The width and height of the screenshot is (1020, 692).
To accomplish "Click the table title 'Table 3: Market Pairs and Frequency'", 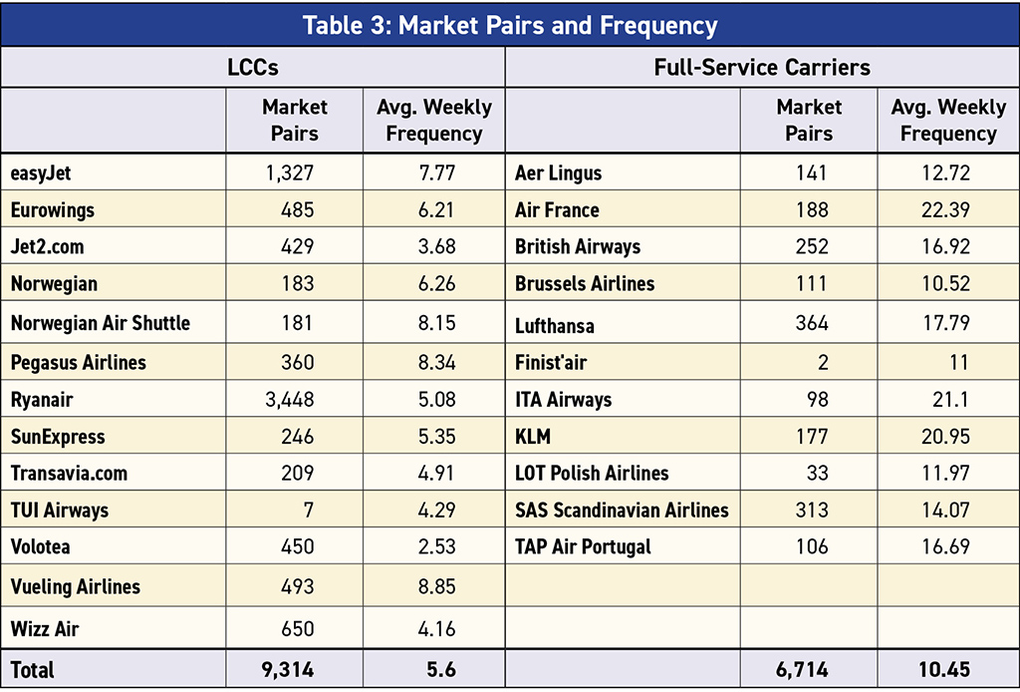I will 509,24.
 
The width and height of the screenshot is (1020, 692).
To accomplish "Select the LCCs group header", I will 253,68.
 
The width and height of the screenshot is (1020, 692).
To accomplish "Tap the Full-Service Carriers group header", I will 762,68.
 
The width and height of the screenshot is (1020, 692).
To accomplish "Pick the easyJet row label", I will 41,173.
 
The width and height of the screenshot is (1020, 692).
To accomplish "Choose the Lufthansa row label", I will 556,325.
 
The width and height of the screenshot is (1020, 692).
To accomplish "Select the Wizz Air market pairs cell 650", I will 297,629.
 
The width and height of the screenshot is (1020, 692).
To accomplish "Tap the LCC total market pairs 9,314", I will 288,670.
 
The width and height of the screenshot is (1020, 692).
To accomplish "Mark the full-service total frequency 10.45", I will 940,670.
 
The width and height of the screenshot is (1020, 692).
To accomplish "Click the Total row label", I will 33,670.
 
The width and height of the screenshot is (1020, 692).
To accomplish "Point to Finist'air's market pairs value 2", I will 823,363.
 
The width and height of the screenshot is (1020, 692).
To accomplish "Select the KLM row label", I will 533,437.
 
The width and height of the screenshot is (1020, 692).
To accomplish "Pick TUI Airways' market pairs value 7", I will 309,511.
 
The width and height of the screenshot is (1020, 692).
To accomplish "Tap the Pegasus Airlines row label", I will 79,363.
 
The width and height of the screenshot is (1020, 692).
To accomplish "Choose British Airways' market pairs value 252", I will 811,247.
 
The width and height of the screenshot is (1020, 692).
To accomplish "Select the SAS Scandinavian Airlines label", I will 622,511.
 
